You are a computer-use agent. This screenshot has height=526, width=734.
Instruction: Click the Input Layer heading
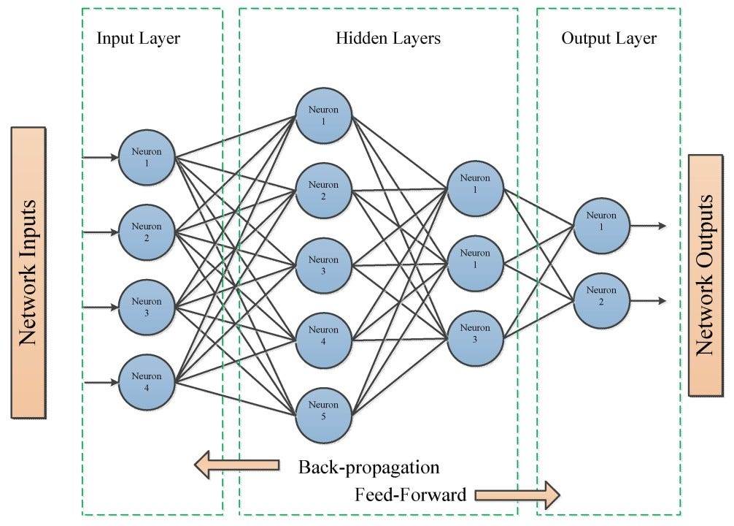pyautogui.click(x=139, y=39)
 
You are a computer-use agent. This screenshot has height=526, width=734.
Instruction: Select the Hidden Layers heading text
pyautogui.click(x=387, y=39)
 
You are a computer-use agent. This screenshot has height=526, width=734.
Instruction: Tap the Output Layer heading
pyautogui.click(x=609, y=39)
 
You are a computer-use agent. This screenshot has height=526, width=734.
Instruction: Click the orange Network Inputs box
pyautogui.click(x=28, y=272)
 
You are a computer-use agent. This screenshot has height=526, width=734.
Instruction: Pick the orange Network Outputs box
pyautogui.click(x=705, y=274)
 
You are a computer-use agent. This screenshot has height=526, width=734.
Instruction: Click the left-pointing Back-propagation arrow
pyautogui.click(x=236, y=465)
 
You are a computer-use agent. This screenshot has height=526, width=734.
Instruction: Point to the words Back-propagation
pyautogui.click(x=369, y=467)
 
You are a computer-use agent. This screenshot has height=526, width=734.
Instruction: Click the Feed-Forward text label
pyautogui.click(x=410, y=495)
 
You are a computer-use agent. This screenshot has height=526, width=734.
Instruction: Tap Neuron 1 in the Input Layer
pyautogui.click(x=147, y=157)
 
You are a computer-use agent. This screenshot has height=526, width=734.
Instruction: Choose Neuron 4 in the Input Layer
pyautogui.click(x=147, y=381)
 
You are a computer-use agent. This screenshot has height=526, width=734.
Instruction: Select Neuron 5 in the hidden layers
pyautogui.click(x=323, y=410)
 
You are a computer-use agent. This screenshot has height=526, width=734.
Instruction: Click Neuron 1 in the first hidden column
pyautogui.click(x=323, y=115)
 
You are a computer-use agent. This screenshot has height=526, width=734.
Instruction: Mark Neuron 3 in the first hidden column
pyautogui.click(x=323, y=264)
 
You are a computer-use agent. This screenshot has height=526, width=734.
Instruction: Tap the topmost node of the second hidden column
pyautogui.click(x=476, y=189)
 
